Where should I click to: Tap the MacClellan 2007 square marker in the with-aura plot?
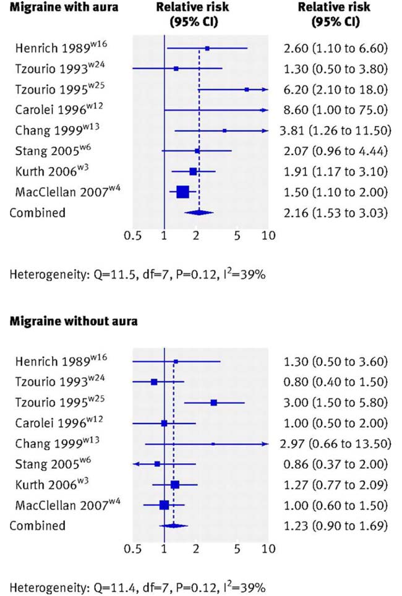[182, 192]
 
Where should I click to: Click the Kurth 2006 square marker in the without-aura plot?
[175, 484]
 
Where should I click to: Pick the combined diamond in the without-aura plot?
[174, 526]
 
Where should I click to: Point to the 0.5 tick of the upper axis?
[132, 236]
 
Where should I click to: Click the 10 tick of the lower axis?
[268, 548]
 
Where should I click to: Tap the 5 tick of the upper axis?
[237, 236]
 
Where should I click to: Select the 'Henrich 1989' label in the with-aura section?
[52, 48]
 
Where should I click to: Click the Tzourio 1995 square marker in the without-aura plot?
[214, 402]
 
